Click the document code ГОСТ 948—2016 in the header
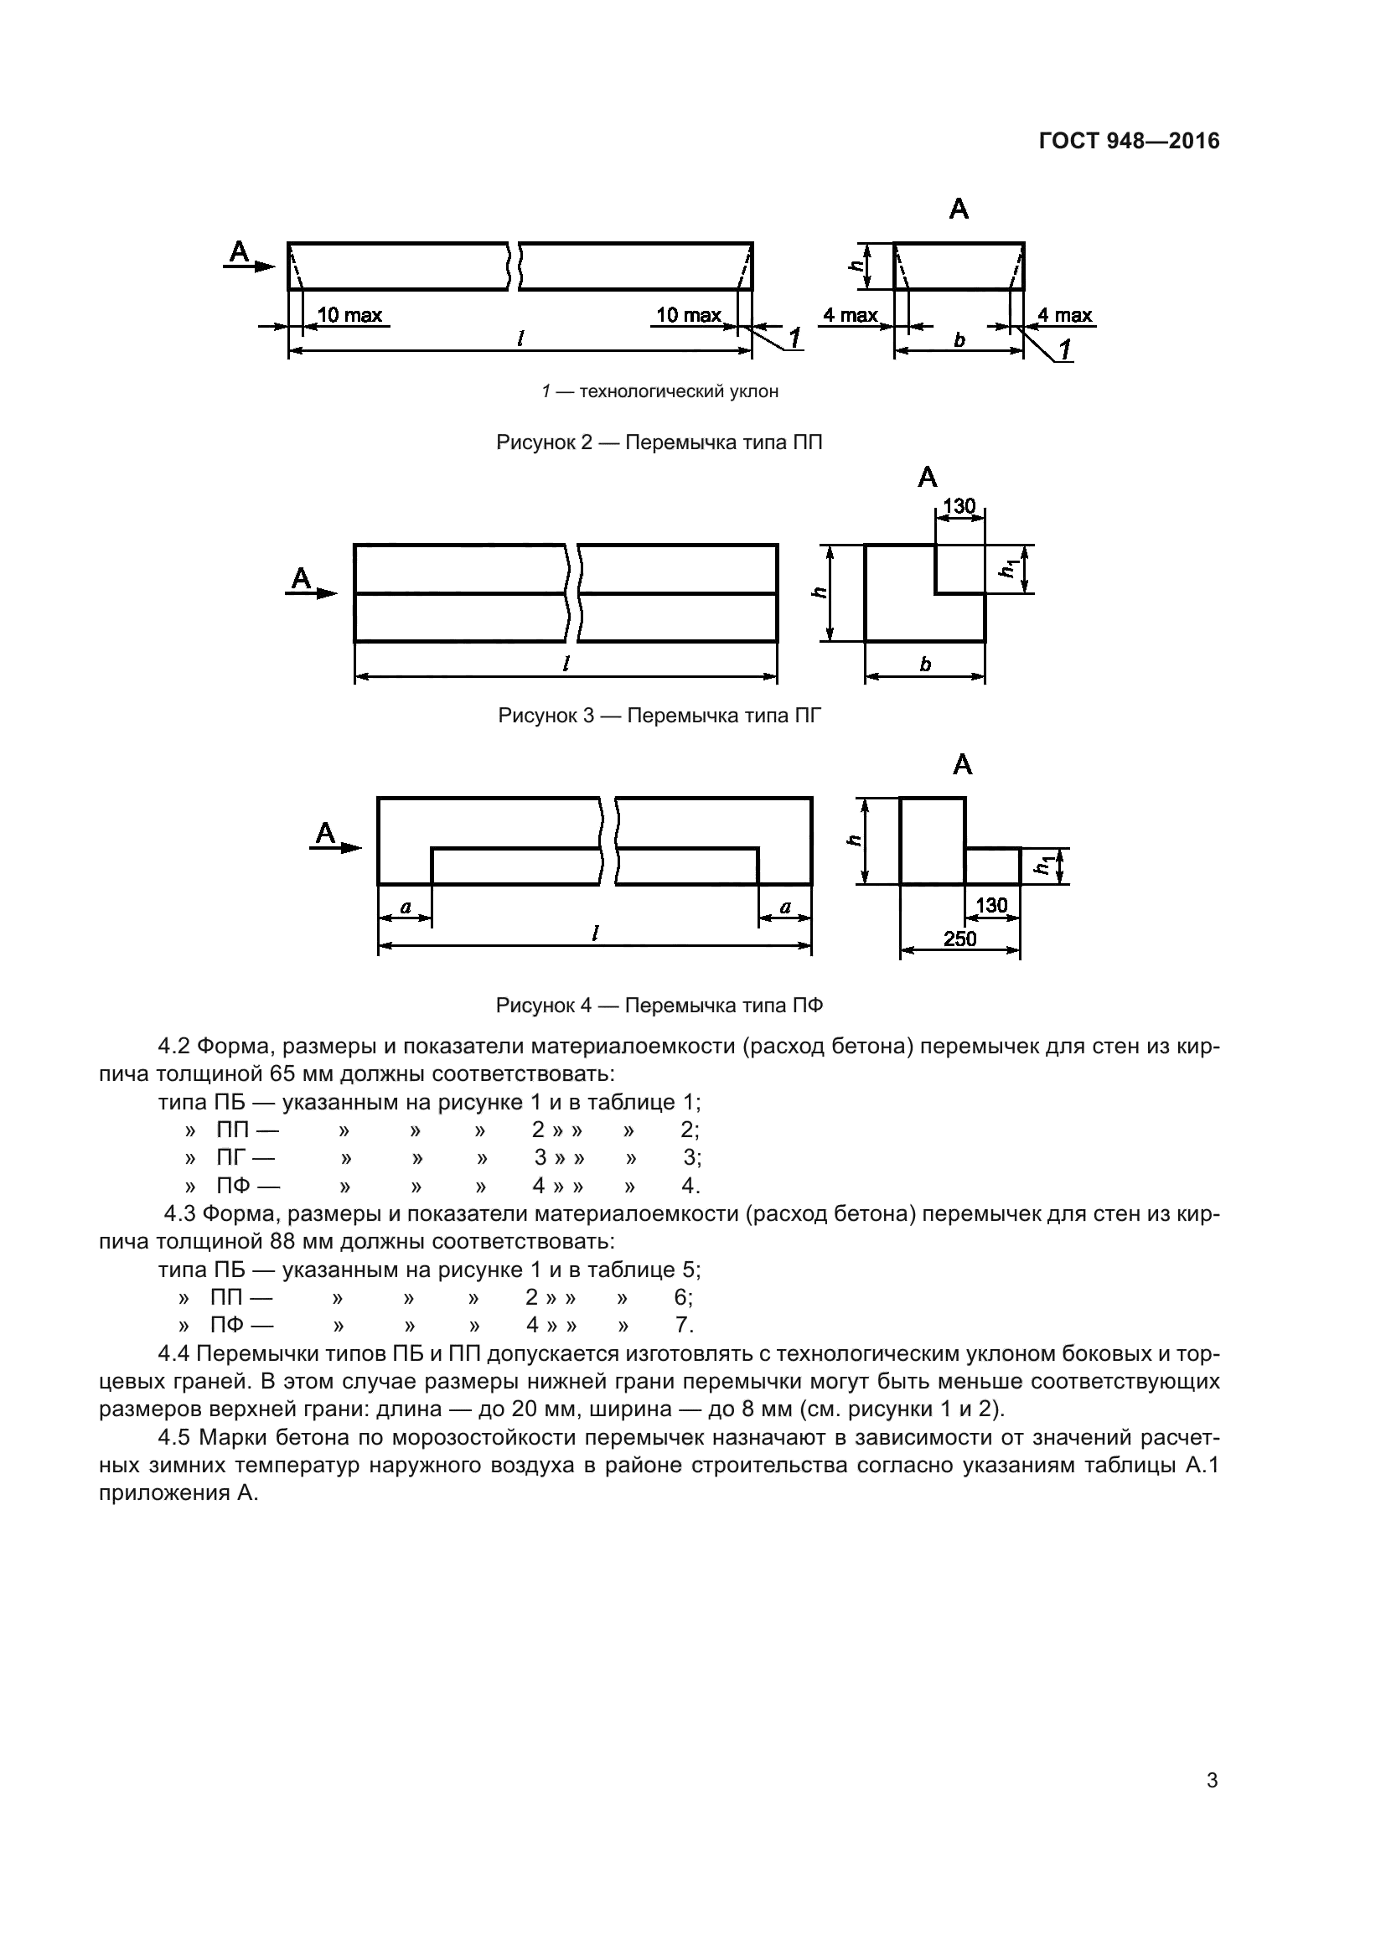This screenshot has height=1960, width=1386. click(1129, 142)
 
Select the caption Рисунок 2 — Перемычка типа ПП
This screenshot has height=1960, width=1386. click(659, 442)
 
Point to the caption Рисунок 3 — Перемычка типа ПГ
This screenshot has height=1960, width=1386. click(659, 716)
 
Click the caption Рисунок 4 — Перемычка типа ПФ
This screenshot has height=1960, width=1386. click(659, 1006)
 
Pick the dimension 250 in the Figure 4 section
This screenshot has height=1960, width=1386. click(959, 939)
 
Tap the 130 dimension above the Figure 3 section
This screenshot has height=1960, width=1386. click(959, 506)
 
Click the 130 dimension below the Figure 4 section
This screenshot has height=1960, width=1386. click(990, 905)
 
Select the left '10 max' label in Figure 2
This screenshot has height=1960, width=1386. click(349, 315)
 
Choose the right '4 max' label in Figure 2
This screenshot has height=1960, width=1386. click(1064, 315)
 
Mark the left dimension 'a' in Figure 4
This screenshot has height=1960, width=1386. click(406, 907)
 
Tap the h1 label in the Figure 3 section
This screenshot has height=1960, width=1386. click(1011, 566)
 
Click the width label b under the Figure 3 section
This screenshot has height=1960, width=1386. click(925, 665)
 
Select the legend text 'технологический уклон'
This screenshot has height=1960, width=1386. click(679, 392)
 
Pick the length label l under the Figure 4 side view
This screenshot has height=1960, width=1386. click(594, 933)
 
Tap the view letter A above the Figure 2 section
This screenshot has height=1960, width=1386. click(959, 209)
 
